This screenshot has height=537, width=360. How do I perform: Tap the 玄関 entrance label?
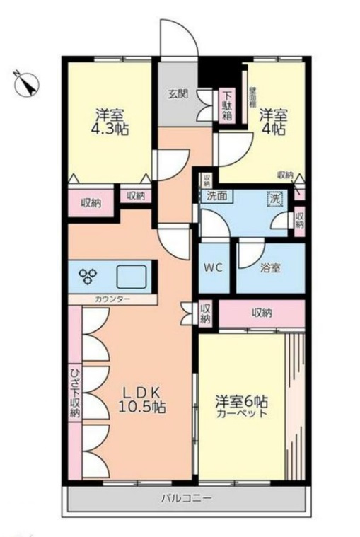click(x=178, y=94)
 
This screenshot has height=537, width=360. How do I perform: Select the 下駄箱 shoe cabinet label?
click(x=227, y=105)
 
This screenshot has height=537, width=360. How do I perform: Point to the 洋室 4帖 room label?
click(x=272, y=121)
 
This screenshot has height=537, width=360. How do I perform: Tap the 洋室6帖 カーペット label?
click(x=241, y=405)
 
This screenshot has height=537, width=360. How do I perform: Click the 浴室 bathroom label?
click(x=270, y=269)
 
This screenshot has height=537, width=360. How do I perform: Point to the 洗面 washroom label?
click(x=217, y=196)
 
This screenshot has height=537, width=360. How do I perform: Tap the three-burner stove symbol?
click(x=90, y=275)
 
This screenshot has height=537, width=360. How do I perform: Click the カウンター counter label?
click(x=112, y=299)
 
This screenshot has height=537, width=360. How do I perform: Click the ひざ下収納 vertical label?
click(x=74, y=393)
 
